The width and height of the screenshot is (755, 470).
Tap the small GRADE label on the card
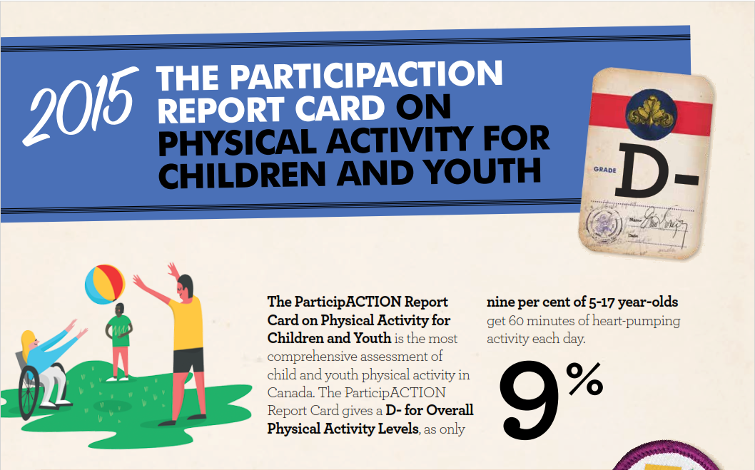click(604, 171)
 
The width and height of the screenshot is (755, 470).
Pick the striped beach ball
click(105, 285)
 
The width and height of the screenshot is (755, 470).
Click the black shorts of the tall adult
click(188, 359)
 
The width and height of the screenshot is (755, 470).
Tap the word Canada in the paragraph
click(287, 392)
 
